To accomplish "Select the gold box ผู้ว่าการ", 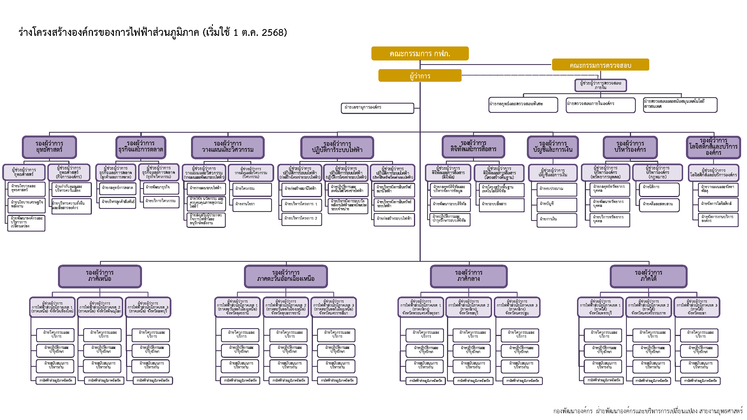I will (x=420, y=76).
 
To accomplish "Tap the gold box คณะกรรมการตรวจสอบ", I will (x=600, y=65).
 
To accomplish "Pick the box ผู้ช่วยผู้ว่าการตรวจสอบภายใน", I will (x=600, y=85).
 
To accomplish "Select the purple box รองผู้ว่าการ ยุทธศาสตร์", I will (x=49, y=147).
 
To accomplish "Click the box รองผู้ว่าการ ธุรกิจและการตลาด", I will (x=141, y=147).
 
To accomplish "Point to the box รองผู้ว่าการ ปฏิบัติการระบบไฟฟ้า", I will (x=337, y=147).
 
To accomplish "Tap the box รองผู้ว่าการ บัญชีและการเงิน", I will (x=552, y=147).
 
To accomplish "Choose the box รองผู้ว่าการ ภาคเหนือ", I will (x=100, y=276).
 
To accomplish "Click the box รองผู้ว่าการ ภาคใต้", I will (x=648, y=276).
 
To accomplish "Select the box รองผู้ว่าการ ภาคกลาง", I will (x=469, y=276).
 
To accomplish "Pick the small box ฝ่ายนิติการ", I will (x=659, y=189).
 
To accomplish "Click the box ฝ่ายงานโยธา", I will (x=252, y=204).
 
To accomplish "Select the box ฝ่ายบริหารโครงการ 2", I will (x=301, y=219).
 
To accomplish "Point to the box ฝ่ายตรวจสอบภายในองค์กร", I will (x=600, y=105).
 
